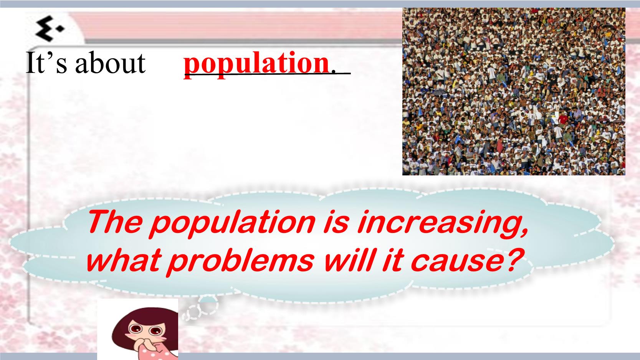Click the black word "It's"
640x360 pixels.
[46, 63]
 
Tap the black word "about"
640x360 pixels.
[110, 63]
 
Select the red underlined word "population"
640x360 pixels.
[256, 64]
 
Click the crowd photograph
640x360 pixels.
[514, 91]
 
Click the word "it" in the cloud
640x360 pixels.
[392, 259]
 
